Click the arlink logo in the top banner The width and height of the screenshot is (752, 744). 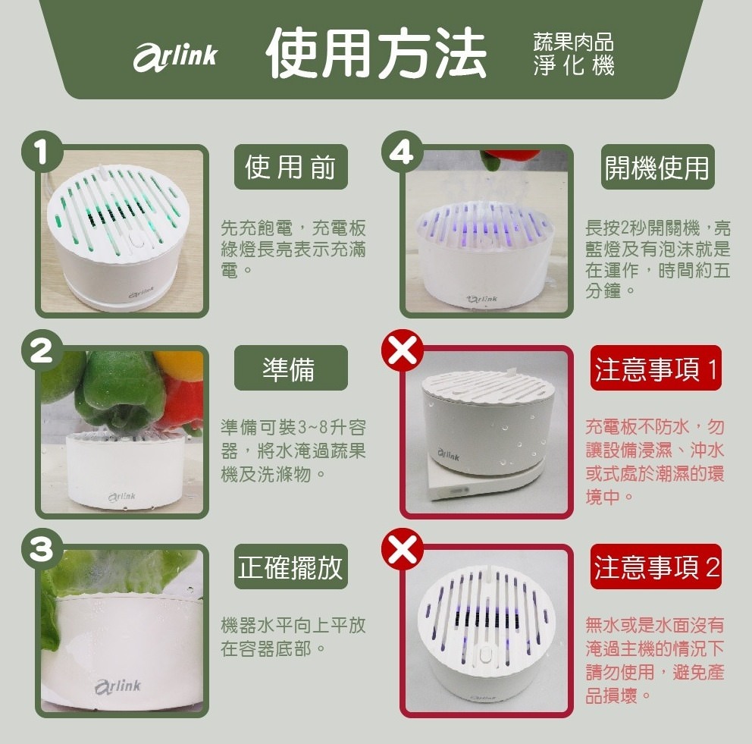[x=175, y=55]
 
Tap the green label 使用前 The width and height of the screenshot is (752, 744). [x=291, y=167]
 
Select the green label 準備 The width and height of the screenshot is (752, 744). [x=291, y=368]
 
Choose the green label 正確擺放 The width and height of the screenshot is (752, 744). [x=291, y=567]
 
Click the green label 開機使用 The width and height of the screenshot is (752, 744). [x=656, y=167]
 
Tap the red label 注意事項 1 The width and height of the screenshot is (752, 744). [x=656, y=368]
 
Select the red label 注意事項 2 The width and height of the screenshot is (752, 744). [x=656, y=567]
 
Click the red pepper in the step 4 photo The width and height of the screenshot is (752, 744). [x=500, y=160]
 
